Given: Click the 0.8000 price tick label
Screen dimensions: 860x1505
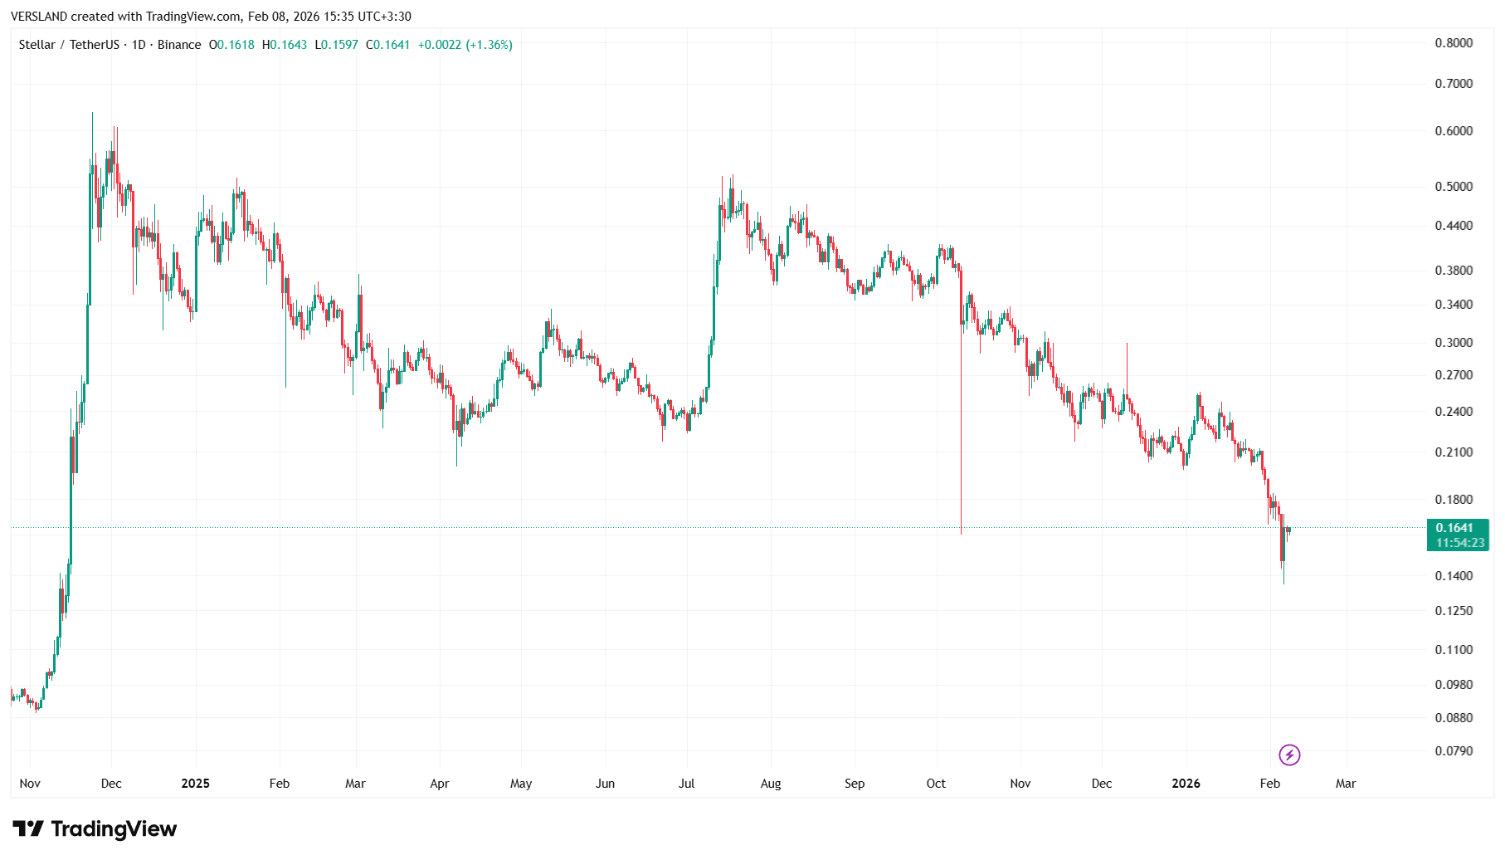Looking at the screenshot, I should (x=1454, y=43).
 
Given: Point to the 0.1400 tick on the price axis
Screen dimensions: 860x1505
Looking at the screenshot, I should (x=1454, y=576).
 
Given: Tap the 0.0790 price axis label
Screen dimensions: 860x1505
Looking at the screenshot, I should (x=1454, y=751).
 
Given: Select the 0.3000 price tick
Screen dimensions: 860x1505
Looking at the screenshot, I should (x=1454, y=343).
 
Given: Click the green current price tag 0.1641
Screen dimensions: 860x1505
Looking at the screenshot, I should (x=1457, y=529).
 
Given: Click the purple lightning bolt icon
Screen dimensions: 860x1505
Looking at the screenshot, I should (x=1289, y=755).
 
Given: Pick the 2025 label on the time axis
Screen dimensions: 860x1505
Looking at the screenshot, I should (x=195, y=784).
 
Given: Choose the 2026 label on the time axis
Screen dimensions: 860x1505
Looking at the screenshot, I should (x=1186, y=784).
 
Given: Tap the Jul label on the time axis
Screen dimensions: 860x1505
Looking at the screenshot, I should (x=686, y=784).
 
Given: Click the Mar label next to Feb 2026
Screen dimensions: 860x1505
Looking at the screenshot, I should (x=1346, y=784).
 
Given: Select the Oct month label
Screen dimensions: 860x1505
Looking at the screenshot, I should (x=936, y=784).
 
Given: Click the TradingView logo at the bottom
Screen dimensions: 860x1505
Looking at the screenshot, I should (x=95, y=828).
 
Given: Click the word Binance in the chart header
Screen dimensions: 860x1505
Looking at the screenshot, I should (x=179, y=45).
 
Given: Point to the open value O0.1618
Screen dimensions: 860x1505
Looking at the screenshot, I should (x=231, y=45).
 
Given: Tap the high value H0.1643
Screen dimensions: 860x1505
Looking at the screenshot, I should (x=285, y=45).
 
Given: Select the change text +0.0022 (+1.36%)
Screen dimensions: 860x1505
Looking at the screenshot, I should (x=465, y=45).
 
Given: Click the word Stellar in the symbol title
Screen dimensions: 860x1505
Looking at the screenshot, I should (x=37, y=45).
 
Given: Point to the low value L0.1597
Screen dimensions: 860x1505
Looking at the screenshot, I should (x=337, y=45).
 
